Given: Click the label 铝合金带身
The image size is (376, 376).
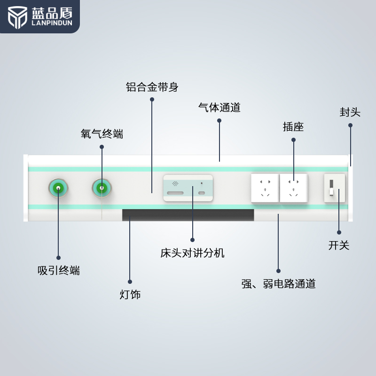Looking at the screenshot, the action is pyautogui.click(x=152, y=87).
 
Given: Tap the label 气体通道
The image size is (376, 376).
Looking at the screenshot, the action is pyautogui.click(x=219, y=108).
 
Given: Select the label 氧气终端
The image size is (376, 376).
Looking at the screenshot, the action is pyautogui.click(x=102, y=134).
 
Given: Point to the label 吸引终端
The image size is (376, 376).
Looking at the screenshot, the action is pyautogui.click(x=58, y=270).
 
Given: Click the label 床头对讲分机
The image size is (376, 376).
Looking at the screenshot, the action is pyautogui.click(x=192, y=253).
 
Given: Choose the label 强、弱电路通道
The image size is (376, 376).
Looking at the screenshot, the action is pyautogui.click(x=278, y=283).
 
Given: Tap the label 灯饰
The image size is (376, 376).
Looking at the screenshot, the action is pyautogui.click(x=130, y=295).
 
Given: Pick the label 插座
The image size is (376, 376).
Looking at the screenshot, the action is pyautogui.click(x=293, y=127).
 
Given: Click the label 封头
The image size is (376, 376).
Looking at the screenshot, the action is pyautogui.click(x=350, y=112).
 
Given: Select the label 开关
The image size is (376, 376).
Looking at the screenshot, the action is pyautogui.click(x=339, y=245).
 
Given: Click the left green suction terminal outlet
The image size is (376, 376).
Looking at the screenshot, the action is pyautogui.click(x=58, y=188).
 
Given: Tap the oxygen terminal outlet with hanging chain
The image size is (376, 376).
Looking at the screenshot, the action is pyautogui.click(x=102, y=188).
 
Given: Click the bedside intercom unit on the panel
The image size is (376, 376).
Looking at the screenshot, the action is pyautogui.click(x=188, y=188).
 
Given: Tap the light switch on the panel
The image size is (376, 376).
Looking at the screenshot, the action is pyautogui.click(x=335, y=188).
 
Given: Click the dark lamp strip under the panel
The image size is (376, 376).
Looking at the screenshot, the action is pyautogui.click(x=188, y=215).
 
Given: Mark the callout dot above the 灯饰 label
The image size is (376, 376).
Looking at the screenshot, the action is pyautogui.click(x=130, y=282).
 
